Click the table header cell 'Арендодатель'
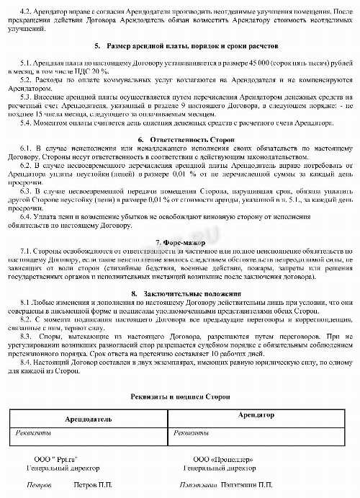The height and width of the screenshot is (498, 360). coord(89,419)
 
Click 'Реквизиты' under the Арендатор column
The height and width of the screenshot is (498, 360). coord(191,432)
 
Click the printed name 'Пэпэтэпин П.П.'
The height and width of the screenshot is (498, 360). coord(248,485)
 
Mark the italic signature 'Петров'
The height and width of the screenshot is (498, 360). coord(39,485)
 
